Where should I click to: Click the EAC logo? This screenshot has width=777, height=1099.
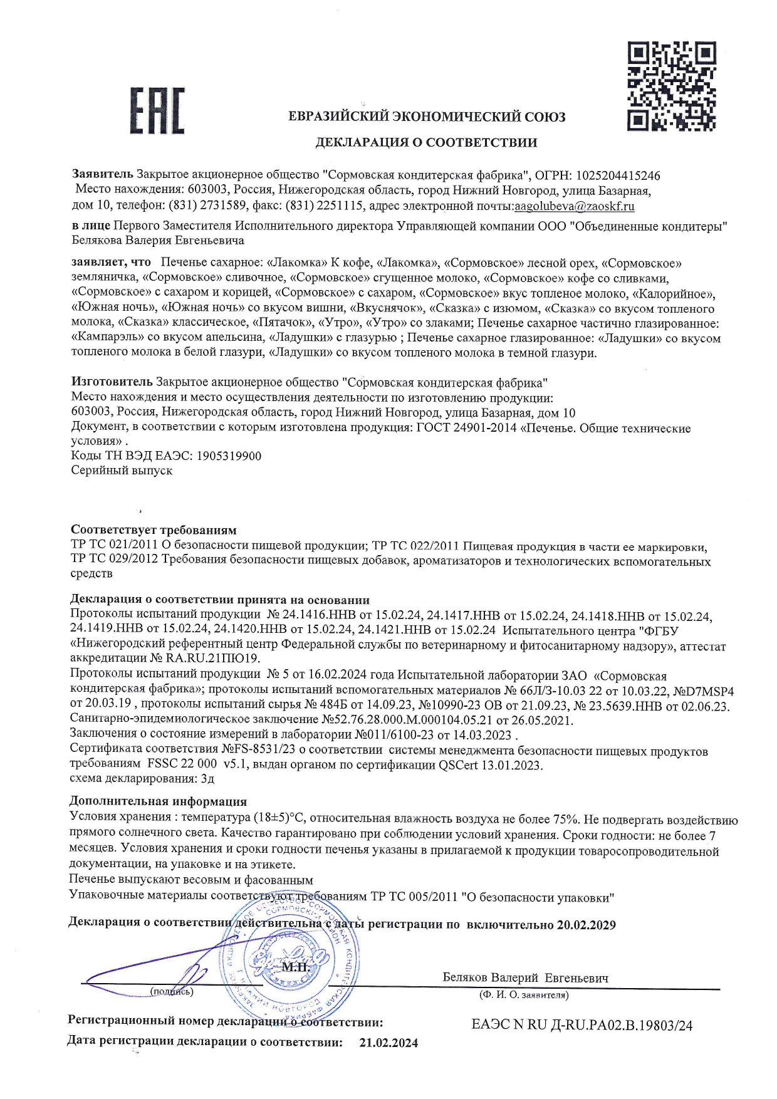click(157, 111)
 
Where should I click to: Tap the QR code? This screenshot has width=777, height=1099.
click(671, 86)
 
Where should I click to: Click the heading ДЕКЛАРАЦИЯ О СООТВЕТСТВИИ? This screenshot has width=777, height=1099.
click(426, 142)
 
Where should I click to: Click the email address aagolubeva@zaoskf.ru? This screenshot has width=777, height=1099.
click(574, 206)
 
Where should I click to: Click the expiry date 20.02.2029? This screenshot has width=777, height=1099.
click(586, 925)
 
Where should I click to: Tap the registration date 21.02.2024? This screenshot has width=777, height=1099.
click(388, 1043)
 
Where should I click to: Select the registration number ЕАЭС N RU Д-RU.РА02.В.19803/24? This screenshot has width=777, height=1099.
click(582, 1025)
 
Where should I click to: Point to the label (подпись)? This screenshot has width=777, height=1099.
click(172, 991)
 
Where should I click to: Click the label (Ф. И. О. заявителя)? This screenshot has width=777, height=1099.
click(524, 994)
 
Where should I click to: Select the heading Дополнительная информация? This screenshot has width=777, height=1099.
click(158, 801)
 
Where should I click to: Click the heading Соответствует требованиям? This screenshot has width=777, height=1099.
click(154, 530)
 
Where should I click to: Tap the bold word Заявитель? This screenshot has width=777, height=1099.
click(102, 175)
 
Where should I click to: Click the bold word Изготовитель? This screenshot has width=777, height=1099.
click(112, 382)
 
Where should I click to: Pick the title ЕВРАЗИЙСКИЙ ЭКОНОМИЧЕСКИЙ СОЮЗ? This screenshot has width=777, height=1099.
click(427, 117)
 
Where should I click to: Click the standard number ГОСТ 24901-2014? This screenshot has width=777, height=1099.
click(466, 428)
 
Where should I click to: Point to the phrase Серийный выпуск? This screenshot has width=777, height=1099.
click(122, 470)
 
